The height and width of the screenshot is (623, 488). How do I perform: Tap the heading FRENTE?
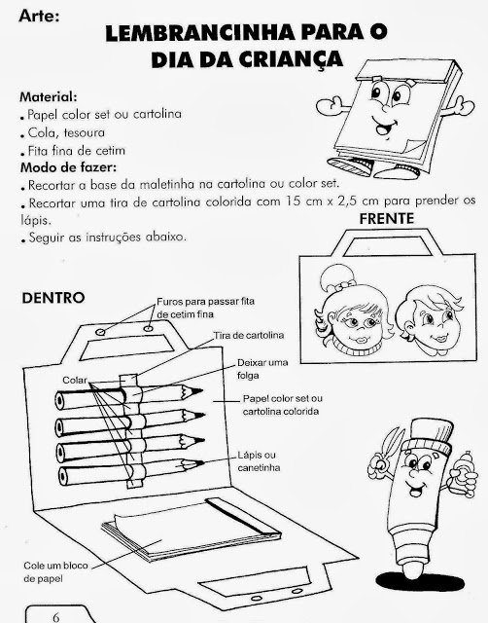tap(387, 219)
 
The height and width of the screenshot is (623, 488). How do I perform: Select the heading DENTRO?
tap(53, 298)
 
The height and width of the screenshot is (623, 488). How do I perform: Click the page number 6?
tap(56, 617)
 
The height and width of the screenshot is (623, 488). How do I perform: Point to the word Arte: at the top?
tap(39, 16)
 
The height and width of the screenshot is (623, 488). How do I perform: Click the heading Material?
tap(49, 96)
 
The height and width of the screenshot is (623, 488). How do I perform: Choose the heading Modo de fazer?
tap(68, 167)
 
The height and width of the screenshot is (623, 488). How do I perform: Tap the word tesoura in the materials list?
tap(85, 132)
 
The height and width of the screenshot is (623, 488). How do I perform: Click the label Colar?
tap(75, 381)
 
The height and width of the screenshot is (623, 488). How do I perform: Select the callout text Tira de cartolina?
tap(249, 335)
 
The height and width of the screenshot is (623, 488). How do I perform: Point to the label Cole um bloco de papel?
tap(55, 572)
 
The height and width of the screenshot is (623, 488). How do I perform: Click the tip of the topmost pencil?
tap(202, 391)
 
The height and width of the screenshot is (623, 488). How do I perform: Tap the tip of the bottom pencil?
tap(203, 463)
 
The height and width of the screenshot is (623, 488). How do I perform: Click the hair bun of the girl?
tap(335, 277)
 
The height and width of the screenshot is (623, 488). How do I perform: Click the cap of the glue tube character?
tap(431, 436)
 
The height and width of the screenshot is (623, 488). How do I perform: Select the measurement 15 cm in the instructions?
tap(300, 202)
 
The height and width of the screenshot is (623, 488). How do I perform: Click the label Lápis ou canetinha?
tap(259, 461)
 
